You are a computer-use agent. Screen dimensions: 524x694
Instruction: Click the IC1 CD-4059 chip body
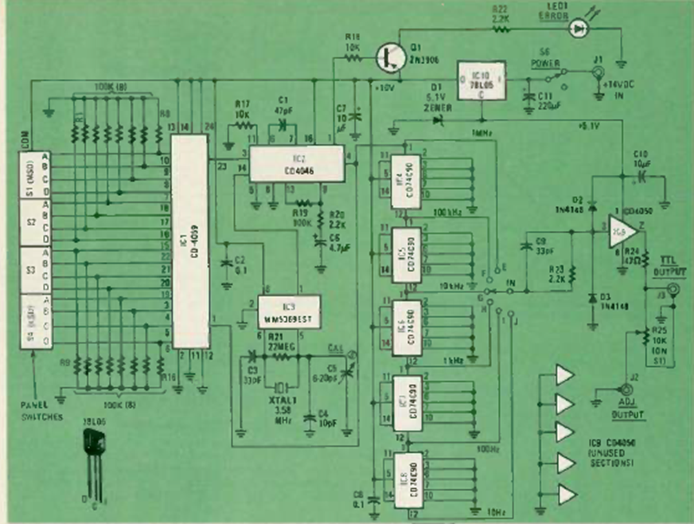coord(190,239)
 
